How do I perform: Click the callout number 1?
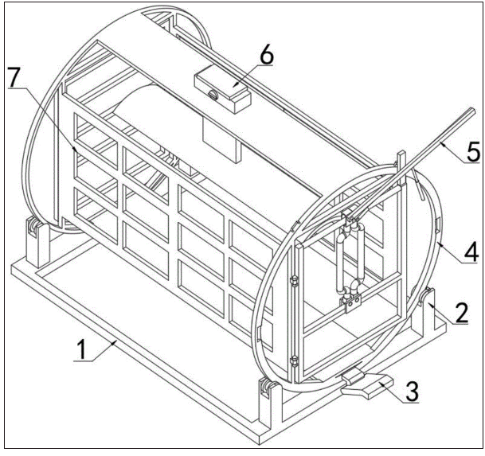[x=82, y=349]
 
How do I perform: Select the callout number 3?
[x=412, y=392]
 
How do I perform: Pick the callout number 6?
[x=267, y=56]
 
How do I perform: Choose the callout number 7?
[x=15, y=77]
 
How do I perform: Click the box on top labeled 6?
[x=223, y=89]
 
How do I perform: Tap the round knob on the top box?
[x=213, y=95]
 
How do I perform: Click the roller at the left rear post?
[x=32, y=228]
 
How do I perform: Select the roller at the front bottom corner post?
[x=266, y=388]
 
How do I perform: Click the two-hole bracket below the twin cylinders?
[x=350, y=302]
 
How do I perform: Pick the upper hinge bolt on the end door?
[x=294, y=282]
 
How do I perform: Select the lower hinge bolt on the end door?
[x=294, y=361]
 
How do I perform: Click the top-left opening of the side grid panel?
[x=96, y=141]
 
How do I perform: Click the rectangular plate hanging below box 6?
[x=221, y=141]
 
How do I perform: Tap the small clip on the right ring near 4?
[x=438, y=224]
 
